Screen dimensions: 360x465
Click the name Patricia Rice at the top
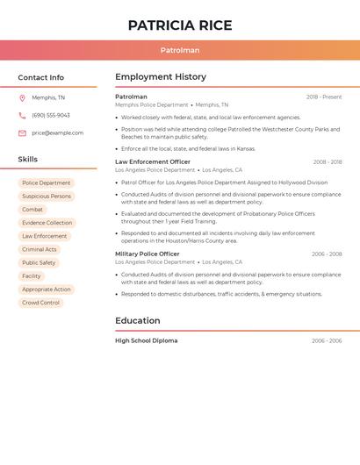(180, 25)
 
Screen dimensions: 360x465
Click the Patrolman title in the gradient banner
(180, 51)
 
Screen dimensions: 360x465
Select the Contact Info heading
(40, 77)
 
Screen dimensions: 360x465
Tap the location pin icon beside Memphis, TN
(22, 98)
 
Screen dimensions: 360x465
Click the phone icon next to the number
(22, 116)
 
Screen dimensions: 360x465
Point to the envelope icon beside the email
(22, 133)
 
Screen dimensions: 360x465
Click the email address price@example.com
(57, 133)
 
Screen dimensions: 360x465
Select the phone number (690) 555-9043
(51, 116)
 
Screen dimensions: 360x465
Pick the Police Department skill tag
(46, 183)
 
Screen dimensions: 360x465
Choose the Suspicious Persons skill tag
(47, 197)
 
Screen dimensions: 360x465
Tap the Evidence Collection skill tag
(47, 223)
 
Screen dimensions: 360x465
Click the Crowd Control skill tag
(40, 303)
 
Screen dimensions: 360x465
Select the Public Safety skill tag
(39, 262)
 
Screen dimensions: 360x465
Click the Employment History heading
(161, 77)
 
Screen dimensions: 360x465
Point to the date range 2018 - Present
(324, 97)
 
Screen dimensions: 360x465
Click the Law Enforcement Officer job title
(152, 161)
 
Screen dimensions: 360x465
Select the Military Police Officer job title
(148, 254)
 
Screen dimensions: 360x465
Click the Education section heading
(137, 320)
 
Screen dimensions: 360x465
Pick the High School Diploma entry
(146, 340)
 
